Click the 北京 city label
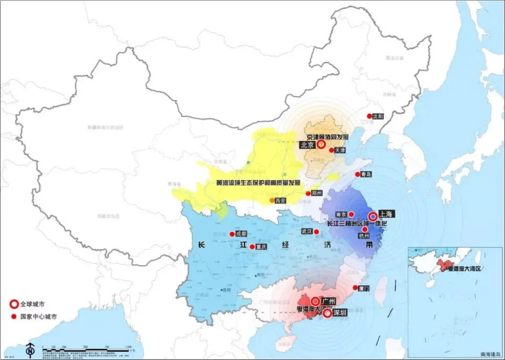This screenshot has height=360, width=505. coord(307,145)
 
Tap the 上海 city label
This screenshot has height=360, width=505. coord(386,214)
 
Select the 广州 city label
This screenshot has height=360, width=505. coord(330,301)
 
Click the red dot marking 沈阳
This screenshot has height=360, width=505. coord(369,116)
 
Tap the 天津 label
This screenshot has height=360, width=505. coord(340,150)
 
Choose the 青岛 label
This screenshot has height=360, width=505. coord(367,174)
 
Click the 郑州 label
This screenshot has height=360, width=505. coord(316,193)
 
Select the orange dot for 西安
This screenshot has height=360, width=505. coord(272,200)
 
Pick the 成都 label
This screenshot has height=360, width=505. coord(241,234)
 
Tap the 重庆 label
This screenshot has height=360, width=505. coord(261,246)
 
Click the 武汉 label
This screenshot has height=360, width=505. coord(306,231)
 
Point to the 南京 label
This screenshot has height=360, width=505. coord(341,214)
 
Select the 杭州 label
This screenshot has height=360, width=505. coord(364,236)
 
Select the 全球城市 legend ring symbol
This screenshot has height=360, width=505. coord(13,304)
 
